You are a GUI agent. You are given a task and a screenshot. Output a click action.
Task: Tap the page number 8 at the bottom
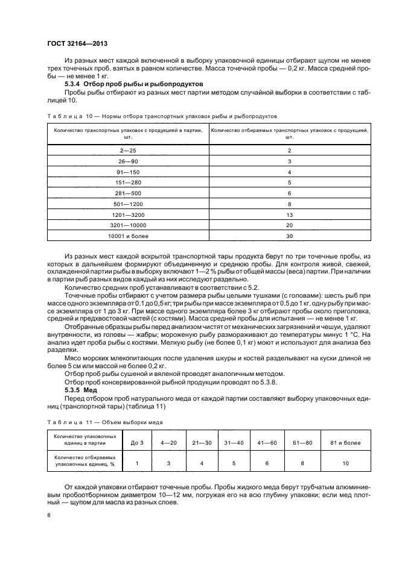click(49, 515)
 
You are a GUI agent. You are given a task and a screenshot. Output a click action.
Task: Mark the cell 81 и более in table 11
click(345, 443)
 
